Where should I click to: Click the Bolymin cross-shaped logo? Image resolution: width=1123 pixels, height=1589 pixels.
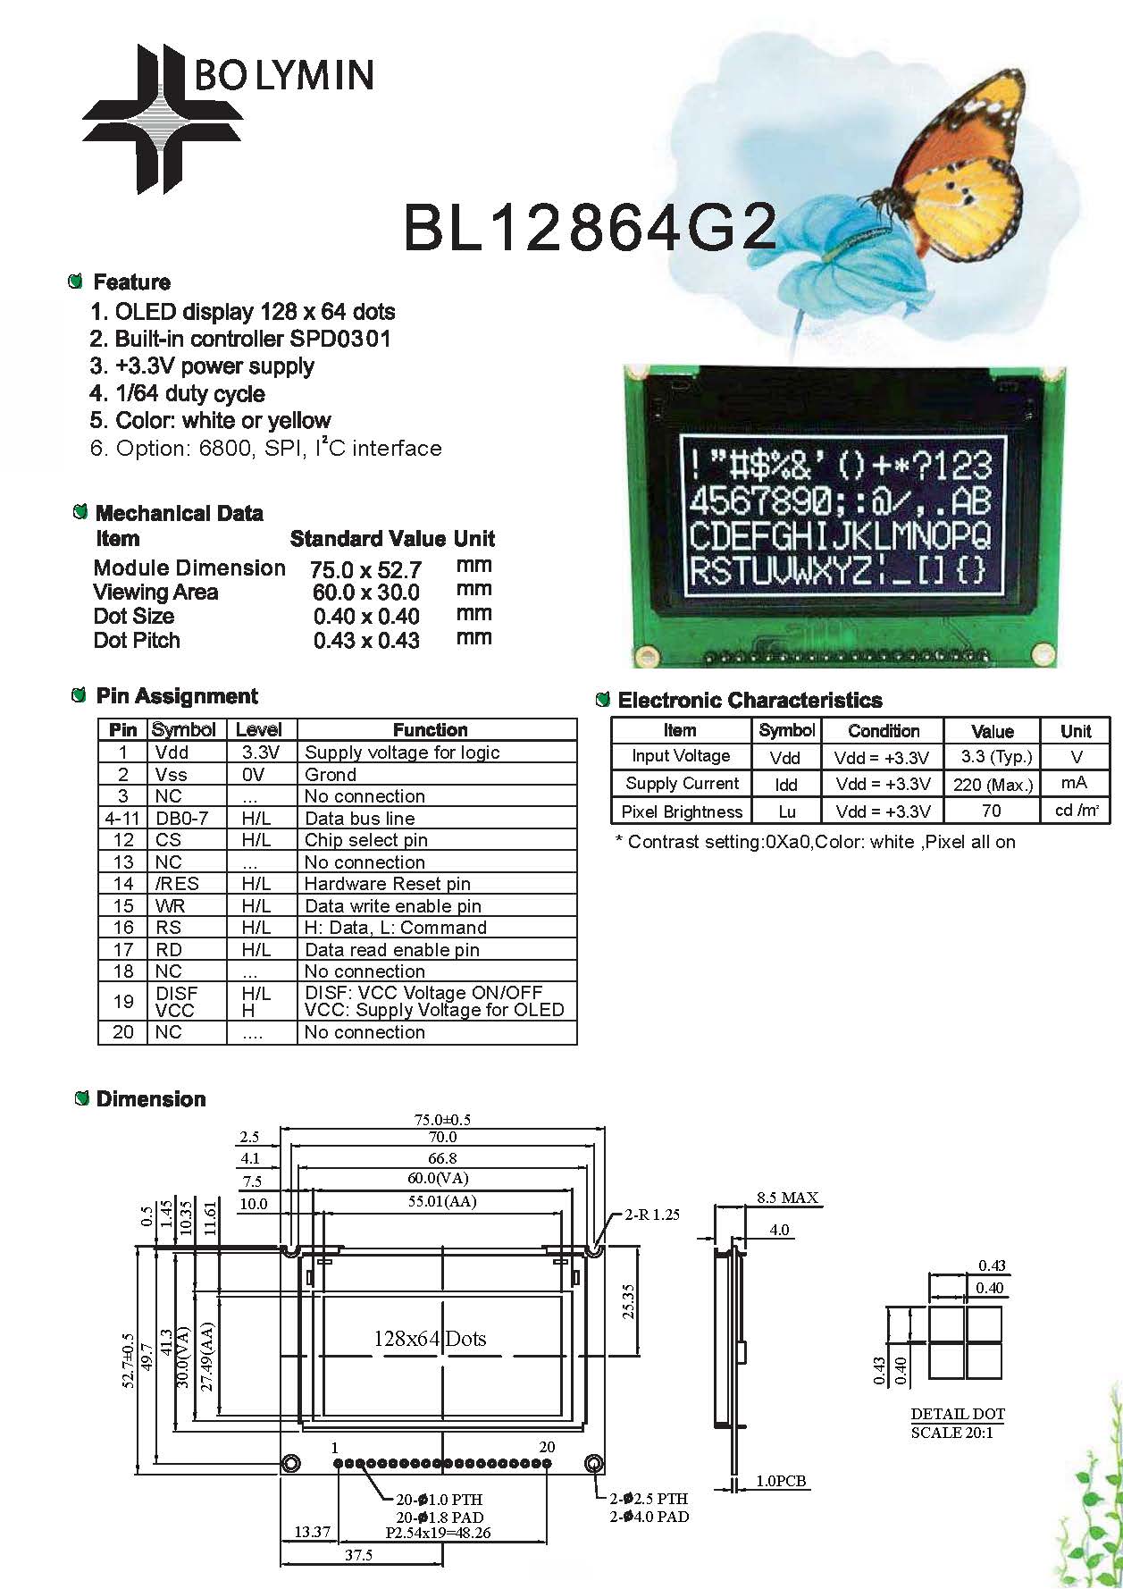(x=163, y=119)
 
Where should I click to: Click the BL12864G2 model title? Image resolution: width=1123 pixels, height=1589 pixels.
(x=591, y=227)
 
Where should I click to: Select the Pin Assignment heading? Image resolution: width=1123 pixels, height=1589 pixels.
(x=177, y=696)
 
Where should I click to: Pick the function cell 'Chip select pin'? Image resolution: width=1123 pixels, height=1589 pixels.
(x=366, y=840)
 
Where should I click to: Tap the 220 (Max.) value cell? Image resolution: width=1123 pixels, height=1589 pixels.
(x=993, y=785)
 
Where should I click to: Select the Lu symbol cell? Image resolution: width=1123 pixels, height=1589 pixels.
(x=786, y=811)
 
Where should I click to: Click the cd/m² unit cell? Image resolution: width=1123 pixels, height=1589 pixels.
(x=1077, y=811)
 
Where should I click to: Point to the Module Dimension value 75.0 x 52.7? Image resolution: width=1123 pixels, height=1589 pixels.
(x=365, y=570)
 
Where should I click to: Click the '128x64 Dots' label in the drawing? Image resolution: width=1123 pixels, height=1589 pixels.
(x=430, y=1339)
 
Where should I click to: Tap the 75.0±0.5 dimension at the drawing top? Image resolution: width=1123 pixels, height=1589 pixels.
(x=442, y=1120)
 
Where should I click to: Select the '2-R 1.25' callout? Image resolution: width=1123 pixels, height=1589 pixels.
(x=652, y=1215)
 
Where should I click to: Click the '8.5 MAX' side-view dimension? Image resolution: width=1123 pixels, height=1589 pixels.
(x=787, y=1198)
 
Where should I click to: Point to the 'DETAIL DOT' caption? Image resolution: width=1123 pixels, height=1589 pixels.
(x=958, y=1414)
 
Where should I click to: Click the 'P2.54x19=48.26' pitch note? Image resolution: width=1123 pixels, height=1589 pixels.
(x=438, y=1533)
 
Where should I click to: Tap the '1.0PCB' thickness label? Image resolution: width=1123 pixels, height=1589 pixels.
(x=781, y=1481)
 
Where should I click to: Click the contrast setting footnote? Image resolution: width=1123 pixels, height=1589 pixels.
(x=816, y=842)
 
